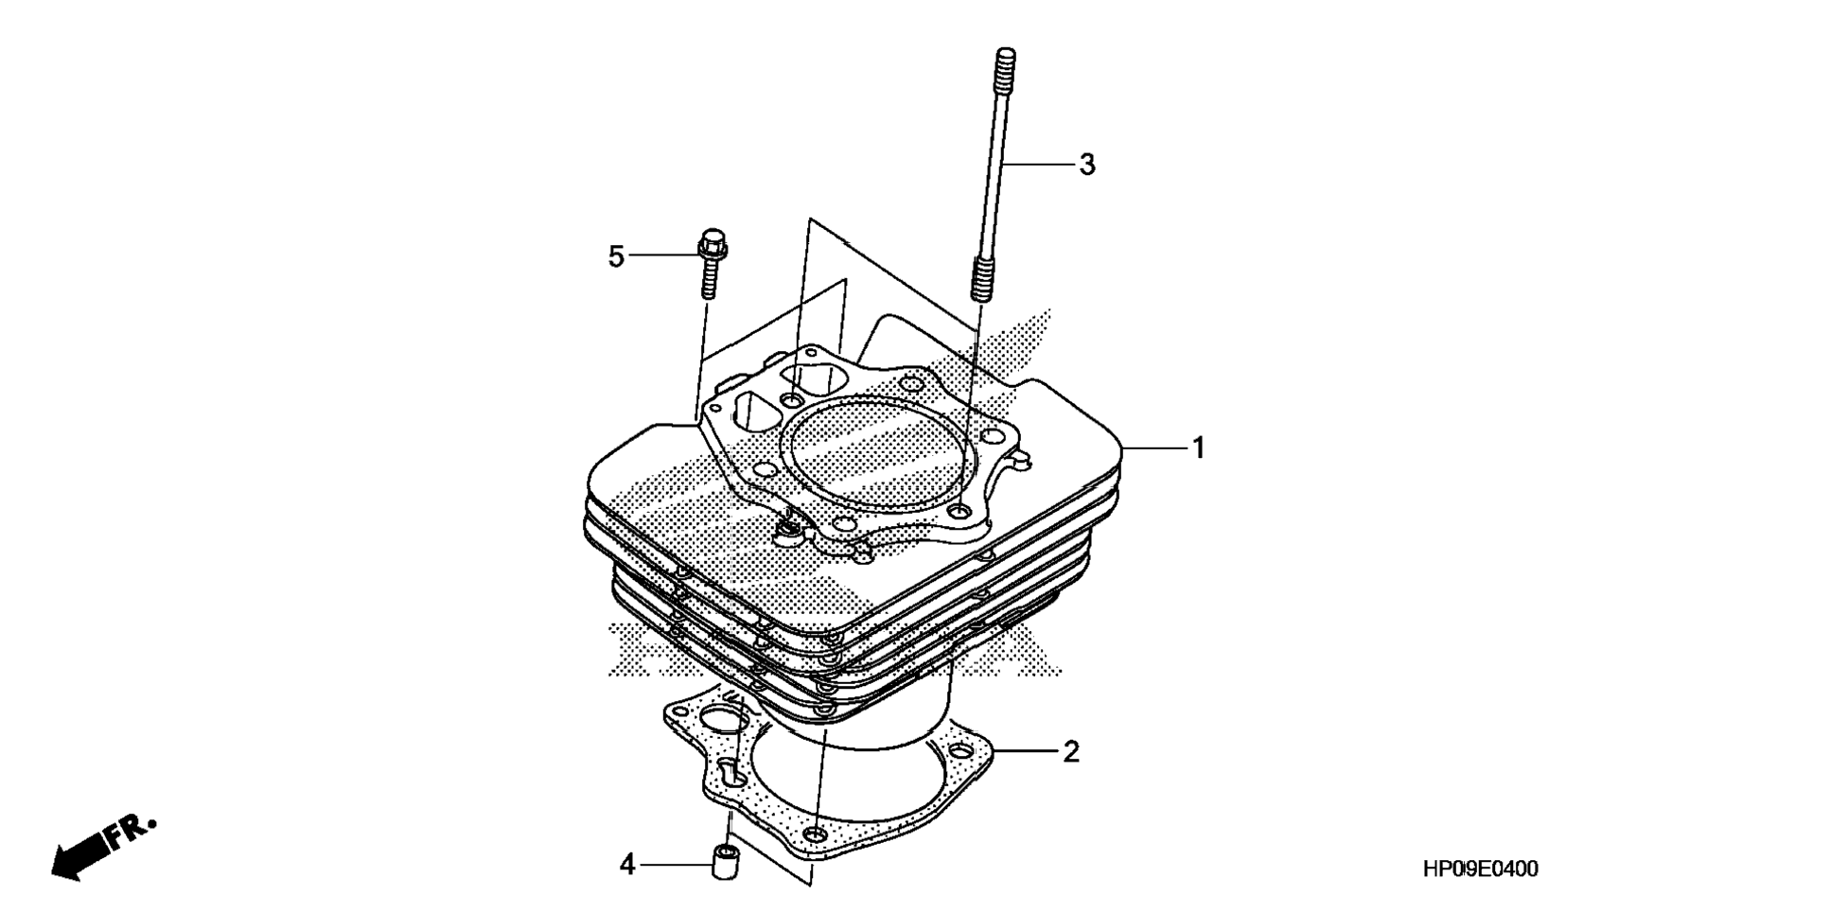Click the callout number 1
(x=1198, y=448)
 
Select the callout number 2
(x=1070, y=752)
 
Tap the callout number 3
(x=1087, y=165)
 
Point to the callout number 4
(x=627, y=864)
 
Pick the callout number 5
(x=616, y=255)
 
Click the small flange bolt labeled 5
(x=706, y=265)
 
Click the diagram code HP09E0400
(x=1480, y=869)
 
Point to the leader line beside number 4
(x=677, y=864)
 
